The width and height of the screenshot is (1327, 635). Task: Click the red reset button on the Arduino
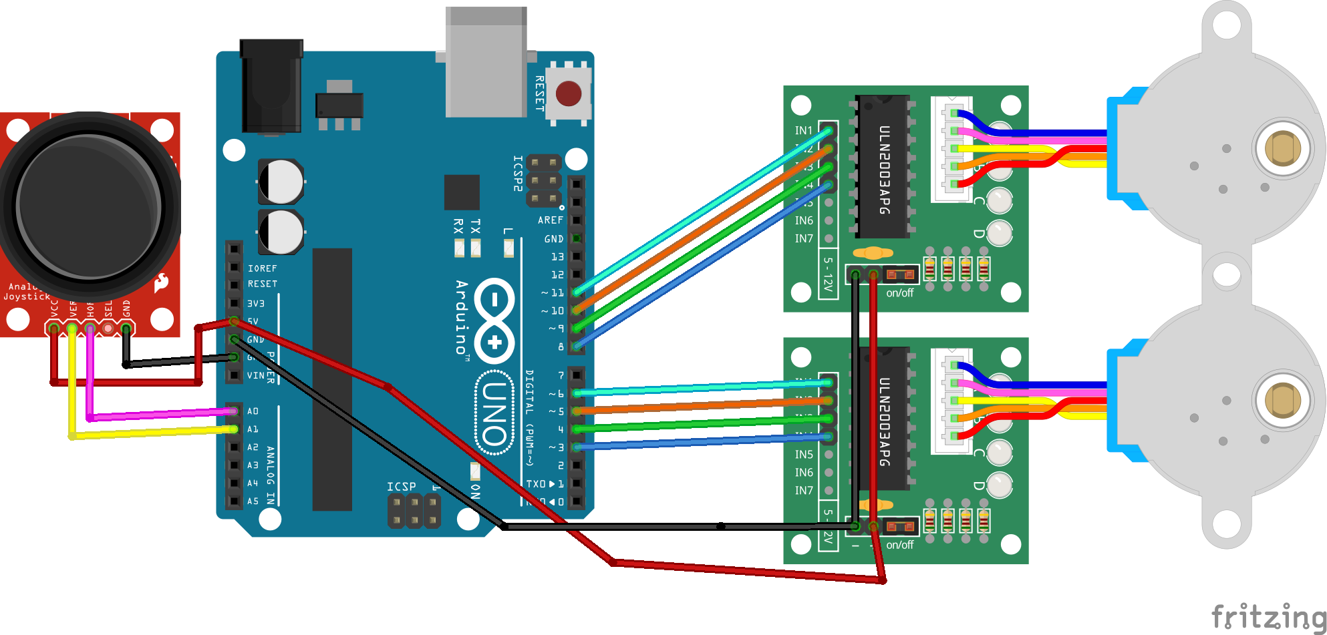pyautogui.click(x=569, y=93)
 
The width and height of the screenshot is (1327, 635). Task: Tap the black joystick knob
pyautogui.click(x=88, y=204)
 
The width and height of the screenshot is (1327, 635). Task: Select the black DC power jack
pyautogui.click(x=271, y=87)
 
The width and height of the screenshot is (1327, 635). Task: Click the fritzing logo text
pyautogui.click(x=1268, y=616)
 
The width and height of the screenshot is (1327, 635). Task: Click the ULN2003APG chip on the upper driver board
pyautogui.click(x=883, y=167)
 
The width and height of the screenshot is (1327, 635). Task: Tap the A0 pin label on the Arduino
pyautogui.click(x=253, y=411)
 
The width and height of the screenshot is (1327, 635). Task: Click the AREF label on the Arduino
pyautogui.click(x=550, y=220)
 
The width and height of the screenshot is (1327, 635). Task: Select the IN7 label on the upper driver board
pyautogui.click(x=804, y=238)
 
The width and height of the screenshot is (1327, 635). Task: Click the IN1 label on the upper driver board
pyautogui.click(x=804, y=130)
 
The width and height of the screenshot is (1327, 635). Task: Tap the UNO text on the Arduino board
pyautogui.click(x=495, y=414)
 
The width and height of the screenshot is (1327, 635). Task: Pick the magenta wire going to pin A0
pyautogui.click(x=160, y=415)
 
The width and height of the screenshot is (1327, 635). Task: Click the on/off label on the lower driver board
pyautogui.click(x=899, y=545)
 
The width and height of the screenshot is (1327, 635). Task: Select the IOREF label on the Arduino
pyautogui.click(x=262, y=268)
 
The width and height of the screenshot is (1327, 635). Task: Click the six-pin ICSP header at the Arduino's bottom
pyautogui.click(x=414, y=511)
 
